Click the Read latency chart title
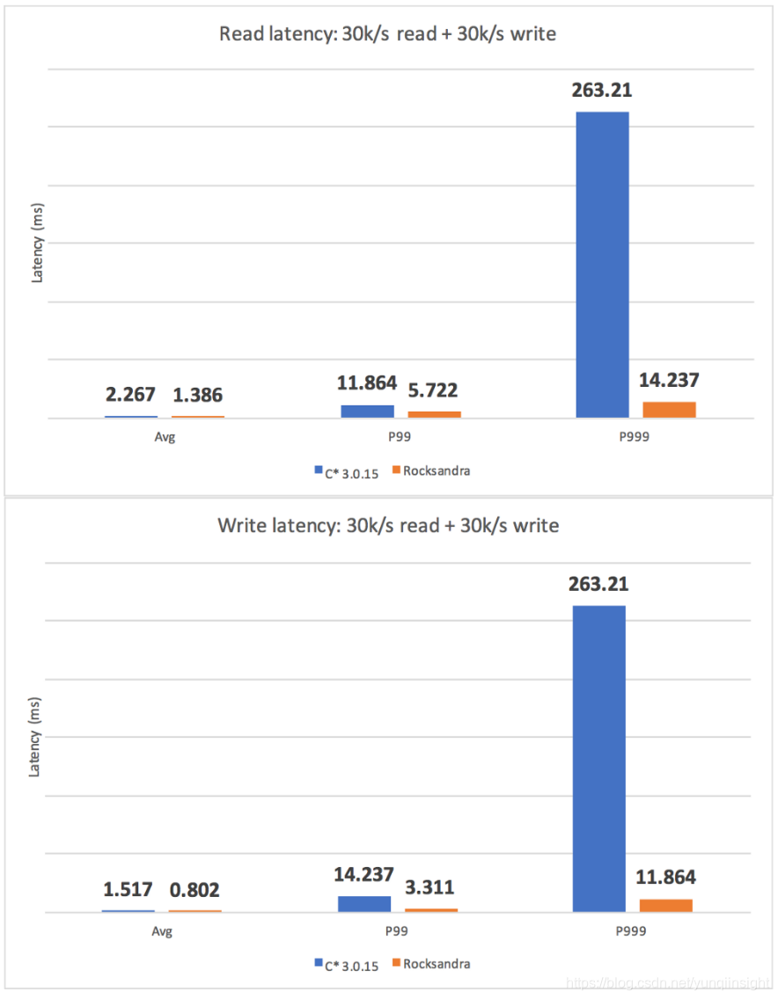387,35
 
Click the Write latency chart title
387,526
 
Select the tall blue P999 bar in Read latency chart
602,264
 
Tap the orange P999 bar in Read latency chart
669,409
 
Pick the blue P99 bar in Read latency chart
367,411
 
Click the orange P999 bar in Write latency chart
665,905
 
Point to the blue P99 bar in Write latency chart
363,903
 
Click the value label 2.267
131,395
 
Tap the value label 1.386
197,395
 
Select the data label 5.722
432,390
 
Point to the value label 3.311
429,886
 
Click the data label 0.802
195,890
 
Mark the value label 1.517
128,890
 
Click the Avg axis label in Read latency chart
164,437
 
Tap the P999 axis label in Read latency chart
635,437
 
